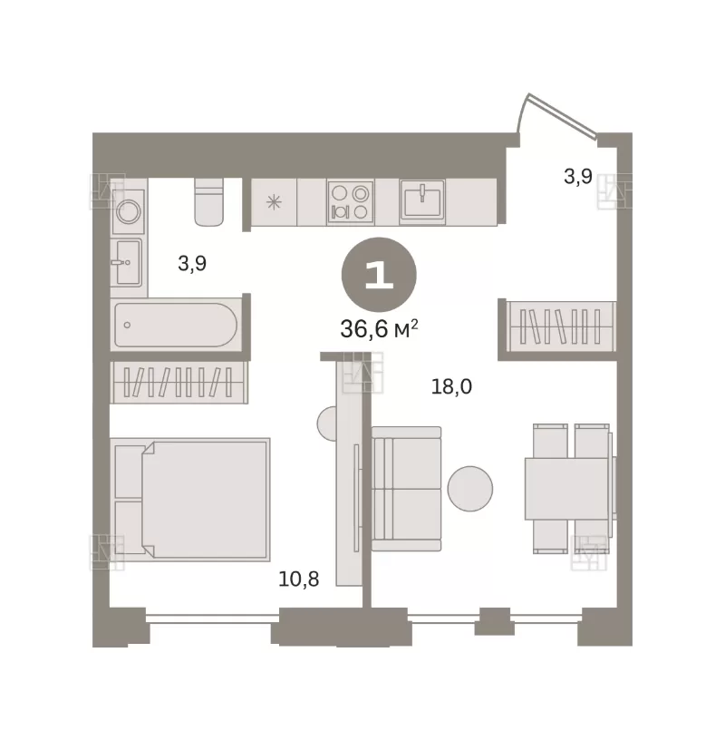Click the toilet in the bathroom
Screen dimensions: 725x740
208,201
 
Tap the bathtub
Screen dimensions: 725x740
176,326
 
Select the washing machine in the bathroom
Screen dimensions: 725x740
128,211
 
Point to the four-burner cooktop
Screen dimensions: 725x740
351,202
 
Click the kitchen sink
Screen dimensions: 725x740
422,201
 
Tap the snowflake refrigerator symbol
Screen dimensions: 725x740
274,202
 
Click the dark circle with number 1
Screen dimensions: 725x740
379,275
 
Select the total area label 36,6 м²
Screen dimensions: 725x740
379,329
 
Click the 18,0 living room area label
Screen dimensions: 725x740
451,387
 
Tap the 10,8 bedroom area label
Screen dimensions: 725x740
298,579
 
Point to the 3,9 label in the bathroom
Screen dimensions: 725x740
192,263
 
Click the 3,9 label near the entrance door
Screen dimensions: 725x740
578,177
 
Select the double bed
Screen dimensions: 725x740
190,500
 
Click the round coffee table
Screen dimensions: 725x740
469,489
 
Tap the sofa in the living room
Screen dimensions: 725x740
406,489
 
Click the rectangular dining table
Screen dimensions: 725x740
566,489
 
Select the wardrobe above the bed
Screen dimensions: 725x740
179,383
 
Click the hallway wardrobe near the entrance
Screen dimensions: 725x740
561,326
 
